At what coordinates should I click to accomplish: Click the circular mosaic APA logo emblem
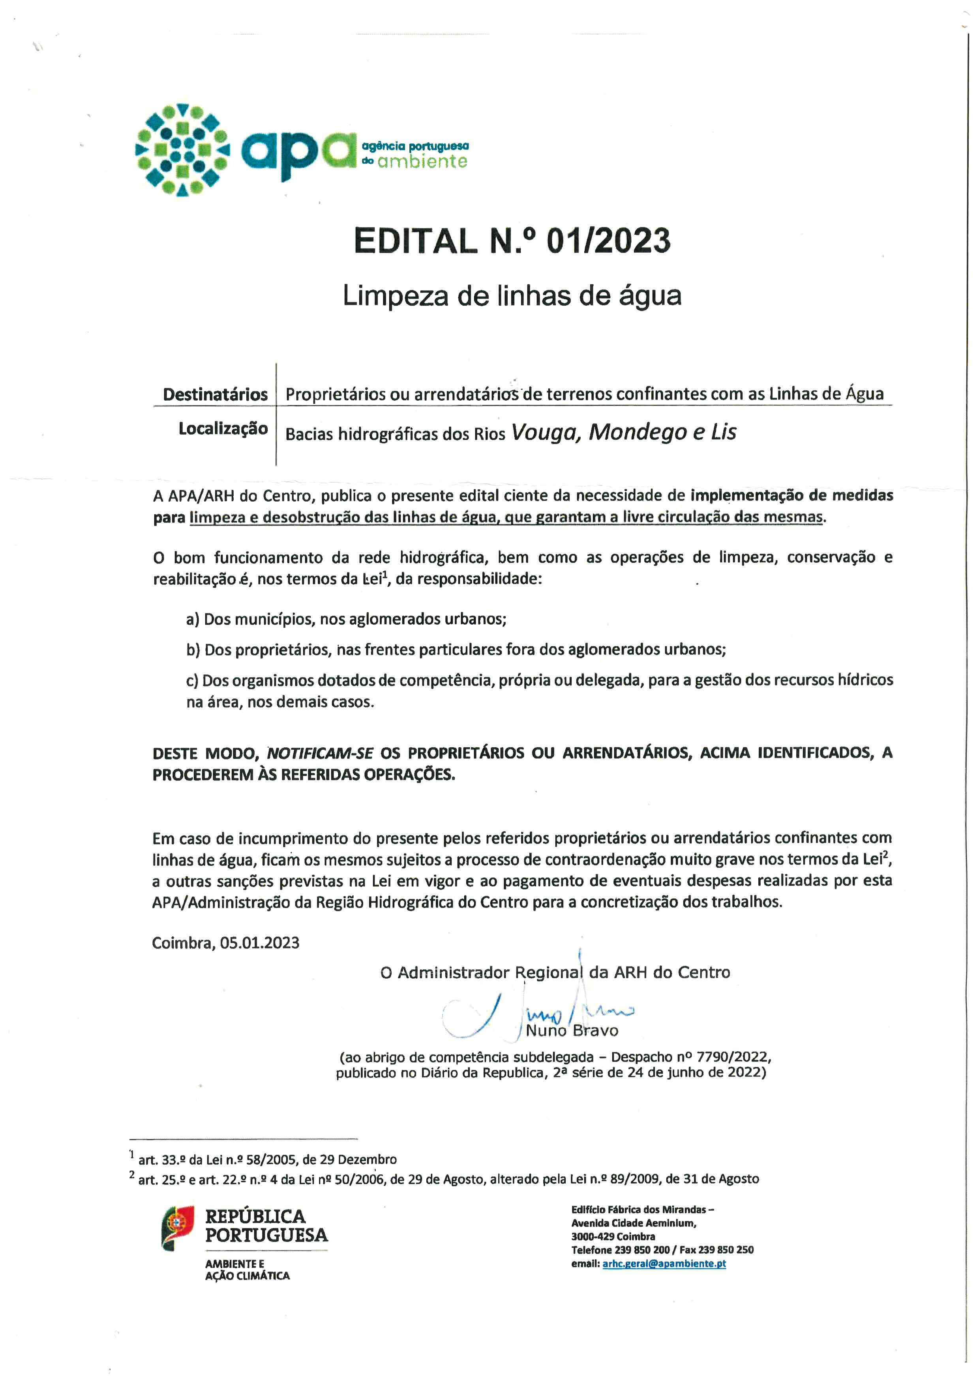(x=182, y=150)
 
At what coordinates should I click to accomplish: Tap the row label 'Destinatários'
(x=215, y=394)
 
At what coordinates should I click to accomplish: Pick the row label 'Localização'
(x=223, y=429)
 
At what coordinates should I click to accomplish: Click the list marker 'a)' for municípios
(x=192, y=619)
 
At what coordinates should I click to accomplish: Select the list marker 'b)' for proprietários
(x=193, y=650)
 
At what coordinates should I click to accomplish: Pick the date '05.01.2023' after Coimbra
(x=260, y=943)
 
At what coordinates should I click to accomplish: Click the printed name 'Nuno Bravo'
(x=572, y=1030)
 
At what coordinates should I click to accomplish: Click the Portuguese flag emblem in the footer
(x=177, y=1228)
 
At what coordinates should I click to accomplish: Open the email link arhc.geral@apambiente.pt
(x=664, y=1263)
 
